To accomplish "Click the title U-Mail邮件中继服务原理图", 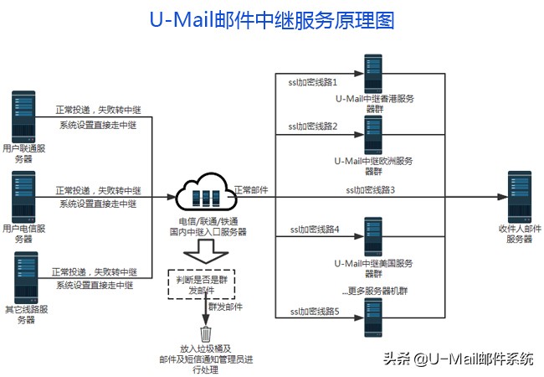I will tap(271, 20).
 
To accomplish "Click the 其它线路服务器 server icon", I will tap(23, 276).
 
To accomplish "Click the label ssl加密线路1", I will tap(312, 84).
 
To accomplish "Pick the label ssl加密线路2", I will tap(312, 127).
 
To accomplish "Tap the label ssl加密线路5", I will tap(312, 312).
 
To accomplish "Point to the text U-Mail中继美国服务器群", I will tap(373, 268).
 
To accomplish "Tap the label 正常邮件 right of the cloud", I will tap(251, 190).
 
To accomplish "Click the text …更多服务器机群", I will tap(374, 292).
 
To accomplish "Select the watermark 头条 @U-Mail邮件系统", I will tap(458, 359).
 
